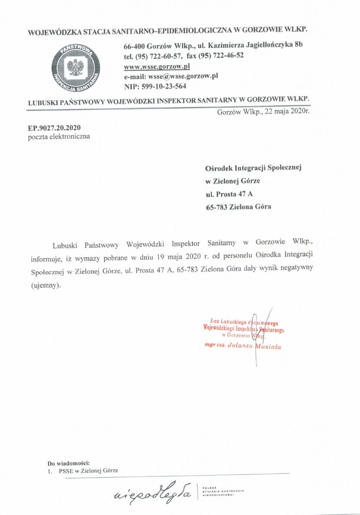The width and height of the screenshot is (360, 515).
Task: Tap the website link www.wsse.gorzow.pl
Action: click(157, 66)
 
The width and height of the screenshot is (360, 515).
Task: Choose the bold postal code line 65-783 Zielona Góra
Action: click(238, 207)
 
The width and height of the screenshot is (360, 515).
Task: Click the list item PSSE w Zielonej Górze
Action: click(86, 471)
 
